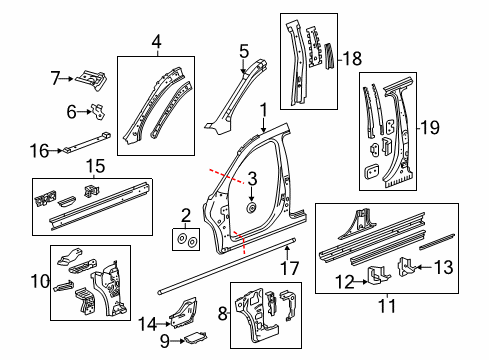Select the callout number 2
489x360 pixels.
coord(186,214)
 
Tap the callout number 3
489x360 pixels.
coord(253,179)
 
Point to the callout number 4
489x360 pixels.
coord(156,42)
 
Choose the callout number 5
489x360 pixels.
coord(243,50)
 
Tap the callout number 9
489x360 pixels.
coord(165,340)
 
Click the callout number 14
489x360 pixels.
coord(149,322)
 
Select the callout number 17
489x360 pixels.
coord(289,267)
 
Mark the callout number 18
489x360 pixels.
coord(352,59)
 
